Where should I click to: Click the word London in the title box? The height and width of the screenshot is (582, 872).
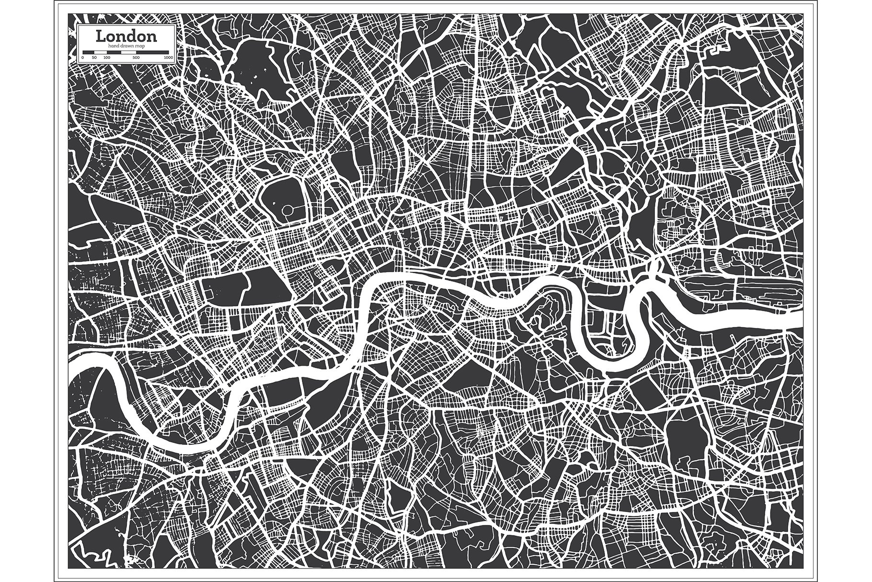[x=126, y=35]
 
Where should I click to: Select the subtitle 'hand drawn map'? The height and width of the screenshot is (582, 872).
[x=126, y=46]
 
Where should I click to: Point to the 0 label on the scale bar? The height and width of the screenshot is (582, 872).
[x=82, y=58]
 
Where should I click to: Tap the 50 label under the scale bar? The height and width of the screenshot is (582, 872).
[x=94, y=58]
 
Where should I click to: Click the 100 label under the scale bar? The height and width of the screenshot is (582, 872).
[x=107, y=58]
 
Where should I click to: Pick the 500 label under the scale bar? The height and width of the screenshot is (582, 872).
[x=136, y=58]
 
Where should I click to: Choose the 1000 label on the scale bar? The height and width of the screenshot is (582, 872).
[x=169, y=58]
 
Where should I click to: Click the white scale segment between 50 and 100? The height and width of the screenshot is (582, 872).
[x=101, y=52]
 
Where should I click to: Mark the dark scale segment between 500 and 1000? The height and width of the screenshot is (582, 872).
[x=152, y=52]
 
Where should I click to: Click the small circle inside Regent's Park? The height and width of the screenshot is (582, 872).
[x=287, y=210]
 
